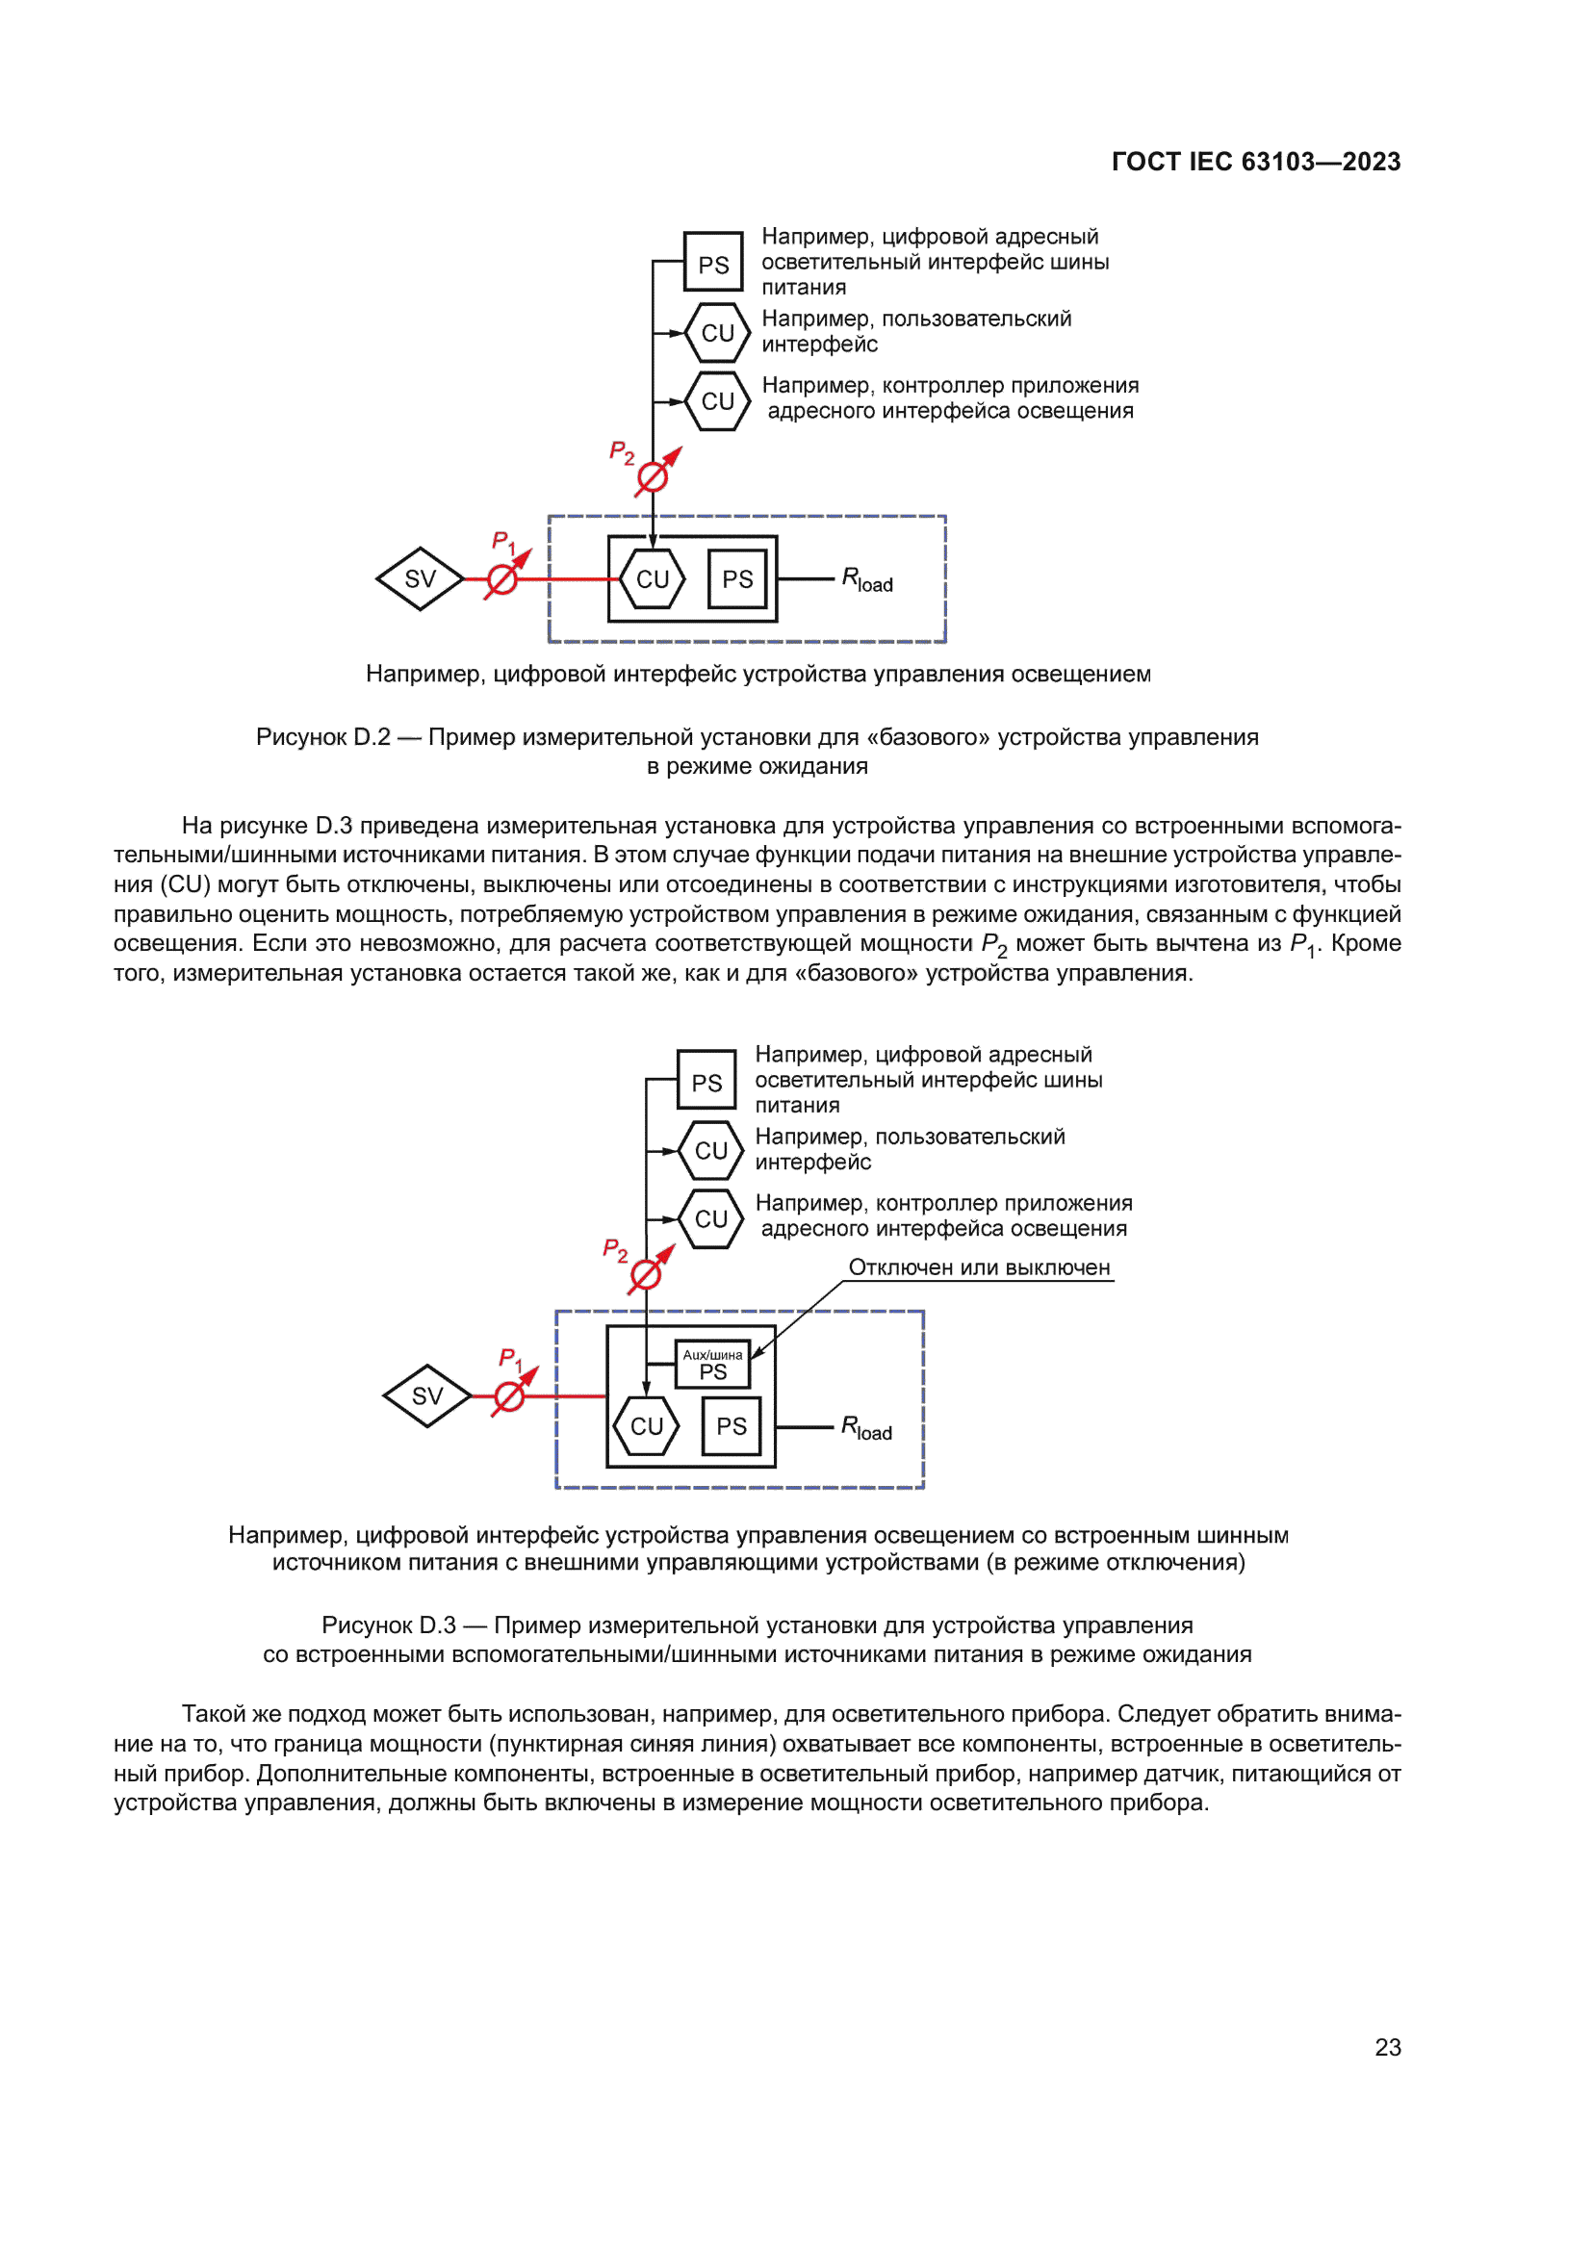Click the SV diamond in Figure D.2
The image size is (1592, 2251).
[x=420, y=578]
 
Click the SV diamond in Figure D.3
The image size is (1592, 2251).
[x=427, y=1395]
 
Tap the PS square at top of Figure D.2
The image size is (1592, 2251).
[x=712, y=262]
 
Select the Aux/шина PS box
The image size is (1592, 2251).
[x=712, y=1364]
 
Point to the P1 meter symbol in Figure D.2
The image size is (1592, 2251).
[x=502, y=579]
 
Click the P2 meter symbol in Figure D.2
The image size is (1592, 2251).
[x=653, y=477]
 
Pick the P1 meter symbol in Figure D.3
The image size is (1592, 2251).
[x=509, y=1396]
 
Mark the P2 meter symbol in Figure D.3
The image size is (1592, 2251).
[x=646, y=1275]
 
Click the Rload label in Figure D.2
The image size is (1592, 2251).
[x=867, y=580]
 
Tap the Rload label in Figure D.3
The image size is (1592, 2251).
[x=866, y=1428]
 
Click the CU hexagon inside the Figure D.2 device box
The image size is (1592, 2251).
[x=652, y=579]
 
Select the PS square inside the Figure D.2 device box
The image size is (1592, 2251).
[x=737, y=579]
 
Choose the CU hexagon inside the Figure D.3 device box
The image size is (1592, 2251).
[x=646, y=1426]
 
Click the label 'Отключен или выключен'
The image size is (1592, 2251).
[x=978, y=1267]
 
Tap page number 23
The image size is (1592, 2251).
[x=1387, y=2047]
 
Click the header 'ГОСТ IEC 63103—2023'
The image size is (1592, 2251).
[x=1256, y=162]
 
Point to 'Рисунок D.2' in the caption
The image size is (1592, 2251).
[x=322, y=737]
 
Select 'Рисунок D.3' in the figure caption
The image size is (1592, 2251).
[x=388, y=1625]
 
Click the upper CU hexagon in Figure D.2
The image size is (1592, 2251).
[x=718, y=333]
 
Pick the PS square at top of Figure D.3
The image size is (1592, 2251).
[x=706, y=1081]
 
